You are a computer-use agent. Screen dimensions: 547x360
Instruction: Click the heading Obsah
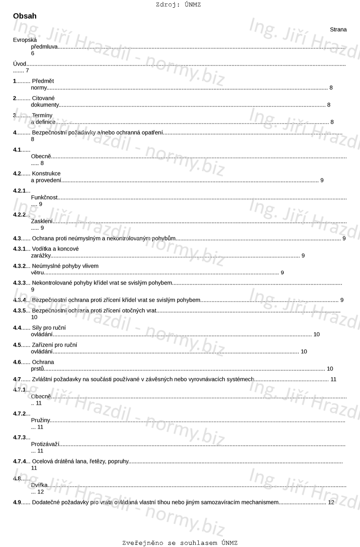click(x=25, y=16)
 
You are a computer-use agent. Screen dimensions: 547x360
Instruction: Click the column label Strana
click(x=338, y=30)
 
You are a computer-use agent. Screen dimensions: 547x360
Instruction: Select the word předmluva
click(x=44, y=47)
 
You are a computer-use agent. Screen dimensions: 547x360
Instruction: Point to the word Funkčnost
click(x=44, y=197)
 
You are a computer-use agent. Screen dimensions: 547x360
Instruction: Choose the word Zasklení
click(x=42, y=221)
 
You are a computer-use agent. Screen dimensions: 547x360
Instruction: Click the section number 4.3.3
click(x=19, y=283)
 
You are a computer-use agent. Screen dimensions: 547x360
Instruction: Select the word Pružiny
click(x=41, y=420)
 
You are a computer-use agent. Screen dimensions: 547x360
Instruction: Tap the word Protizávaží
click(x=45, y=444)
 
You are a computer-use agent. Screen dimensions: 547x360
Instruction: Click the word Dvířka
click(x=40, y=485)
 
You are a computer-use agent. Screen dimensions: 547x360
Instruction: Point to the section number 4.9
click(x=17, y=502)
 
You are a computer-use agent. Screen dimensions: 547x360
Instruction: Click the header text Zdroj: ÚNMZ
click(x=178, y=5)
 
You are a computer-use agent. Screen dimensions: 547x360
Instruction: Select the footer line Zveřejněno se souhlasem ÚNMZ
click(x=180, y=543)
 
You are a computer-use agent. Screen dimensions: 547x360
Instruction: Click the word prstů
click(x=38, y=369)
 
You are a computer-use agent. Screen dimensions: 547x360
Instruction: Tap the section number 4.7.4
click(x=19, y=461)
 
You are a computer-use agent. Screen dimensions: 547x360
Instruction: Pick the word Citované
click(x=43, y=98)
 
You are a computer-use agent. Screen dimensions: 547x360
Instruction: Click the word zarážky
click(x=41, y=256)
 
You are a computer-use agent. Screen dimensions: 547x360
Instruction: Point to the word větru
click(x=38, y=272)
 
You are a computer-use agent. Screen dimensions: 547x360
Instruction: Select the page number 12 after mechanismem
click(x=331, y=502)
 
